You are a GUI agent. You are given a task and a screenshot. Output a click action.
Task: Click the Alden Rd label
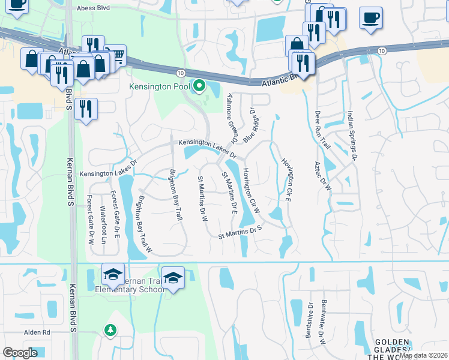tap(37, 332)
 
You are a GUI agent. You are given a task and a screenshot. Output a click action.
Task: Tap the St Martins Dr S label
tap(241, 232)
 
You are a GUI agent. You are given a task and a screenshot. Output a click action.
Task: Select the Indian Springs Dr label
tap(352, 135)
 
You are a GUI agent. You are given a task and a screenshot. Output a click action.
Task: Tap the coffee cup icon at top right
tap(370, 17)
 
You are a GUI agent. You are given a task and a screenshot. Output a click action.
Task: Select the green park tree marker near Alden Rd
tap(110, 329)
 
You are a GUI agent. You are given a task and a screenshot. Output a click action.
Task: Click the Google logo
tap(20, 353)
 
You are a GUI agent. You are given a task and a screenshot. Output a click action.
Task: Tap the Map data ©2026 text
tap(423, 355)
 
